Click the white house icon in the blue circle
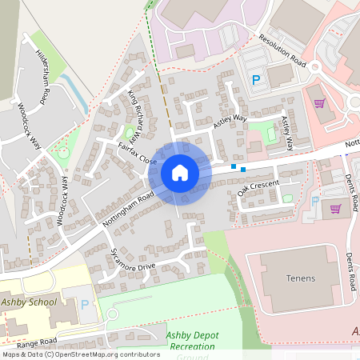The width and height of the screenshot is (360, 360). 179,172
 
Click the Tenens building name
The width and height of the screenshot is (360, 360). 299,278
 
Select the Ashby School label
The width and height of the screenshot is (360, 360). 30,302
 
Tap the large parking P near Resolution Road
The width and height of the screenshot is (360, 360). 256,79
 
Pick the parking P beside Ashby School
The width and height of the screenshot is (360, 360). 86,304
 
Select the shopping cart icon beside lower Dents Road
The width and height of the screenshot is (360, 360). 335,208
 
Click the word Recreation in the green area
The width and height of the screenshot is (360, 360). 191,346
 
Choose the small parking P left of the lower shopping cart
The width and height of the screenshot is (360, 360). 314,201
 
